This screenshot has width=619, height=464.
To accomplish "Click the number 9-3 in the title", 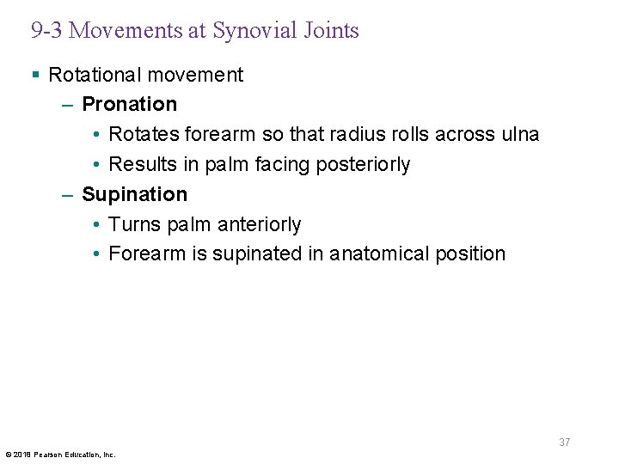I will point(46,31).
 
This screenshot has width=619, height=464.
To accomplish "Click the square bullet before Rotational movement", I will point(35,75).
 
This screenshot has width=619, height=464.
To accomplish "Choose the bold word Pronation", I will point(129,104).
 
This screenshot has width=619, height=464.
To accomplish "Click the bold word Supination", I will point(134,194).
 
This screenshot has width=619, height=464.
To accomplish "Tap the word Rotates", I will point(144,134).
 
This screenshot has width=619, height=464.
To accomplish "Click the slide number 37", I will point(564,443).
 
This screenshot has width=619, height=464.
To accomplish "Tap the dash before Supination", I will point(68,194).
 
